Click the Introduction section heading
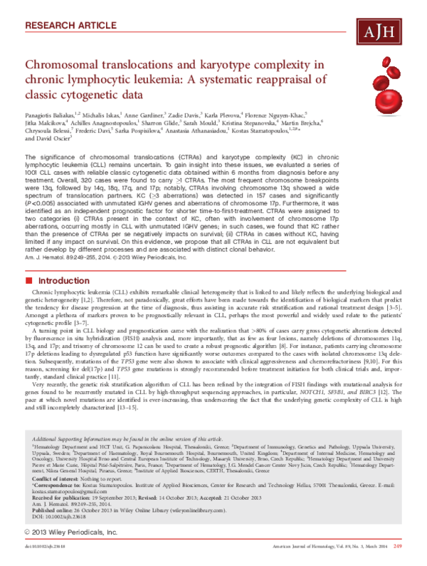pos(65,261)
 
